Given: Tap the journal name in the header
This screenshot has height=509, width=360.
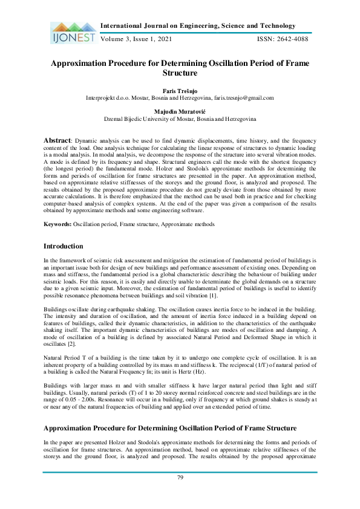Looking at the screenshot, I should coord(197,26).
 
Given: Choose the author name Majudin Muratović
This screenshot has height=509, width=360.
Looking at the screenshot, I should coord(180,112).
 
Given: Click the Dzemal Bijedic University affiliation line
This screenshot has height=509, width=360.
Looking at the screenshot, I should coord(180,120).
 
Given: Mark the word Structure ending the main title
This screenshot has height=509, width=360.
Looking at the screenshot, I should coord(180,73).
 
